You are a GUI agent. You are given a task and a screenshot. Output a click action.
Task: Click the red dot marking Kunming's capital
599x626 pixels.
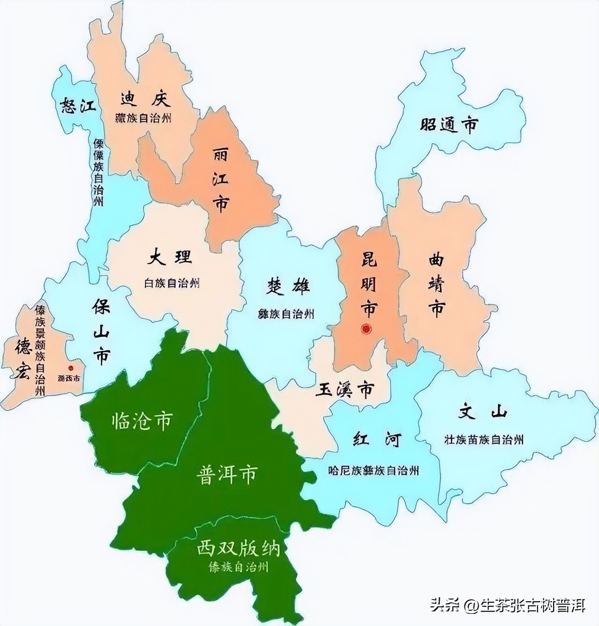click(366, 329)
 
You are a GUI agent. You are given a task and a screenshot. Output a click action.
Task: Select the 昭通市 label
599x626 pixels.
click(449, 125)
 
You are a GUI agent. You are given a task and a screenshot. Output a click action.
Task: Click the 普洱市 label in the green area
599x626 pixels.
click(226, 474)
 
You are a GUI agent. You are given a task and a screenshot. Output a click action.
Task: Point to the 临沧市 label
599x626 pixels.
click(142, 421)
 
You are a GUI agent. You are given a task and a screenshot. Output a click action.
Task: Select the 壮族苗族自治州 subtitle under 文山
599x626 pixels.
click(484, 439)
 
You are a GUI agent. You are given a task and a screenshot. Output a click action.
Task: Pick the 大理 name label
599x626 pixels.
click(169, 257)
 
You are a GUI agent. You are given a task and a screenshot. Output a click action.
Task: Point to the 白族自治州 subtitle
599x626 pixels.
click(172, 283)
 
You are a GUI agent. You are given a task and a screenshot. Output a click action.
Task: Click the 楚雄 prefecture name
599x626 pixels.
click(289, 286)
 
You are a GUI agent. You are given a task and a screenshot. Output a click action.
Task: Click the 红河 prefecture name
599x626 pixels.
click(377, 440)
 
